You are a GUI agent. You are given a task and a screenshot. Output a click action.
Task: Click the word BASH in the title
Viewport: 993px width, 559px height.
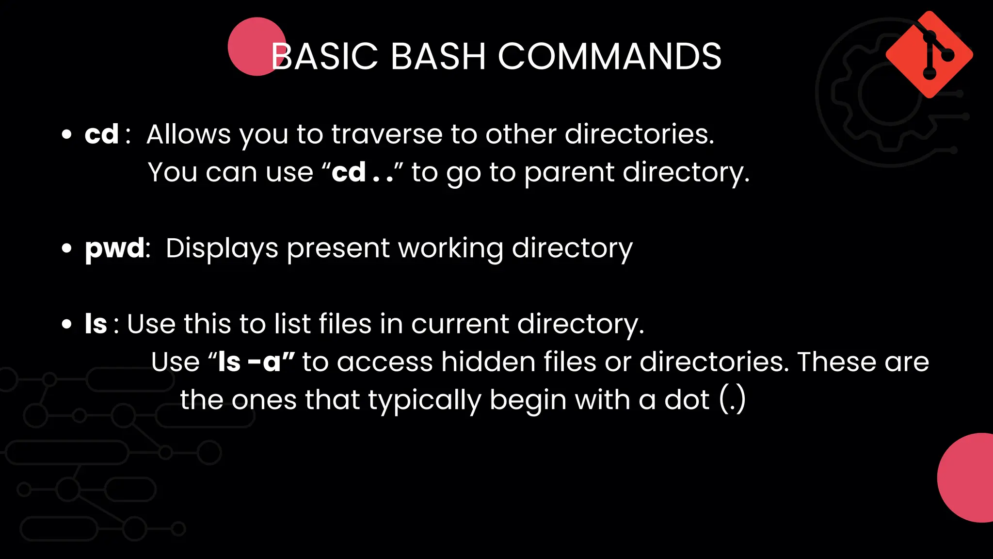coord(437,56)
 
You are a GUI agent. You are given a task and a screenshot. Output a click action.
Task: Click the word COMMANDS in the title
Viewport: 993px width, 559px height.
coord(609,56)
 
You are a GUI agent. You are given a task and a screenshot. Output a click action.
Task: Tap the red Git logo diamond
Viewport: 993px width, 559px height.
coord(929,54)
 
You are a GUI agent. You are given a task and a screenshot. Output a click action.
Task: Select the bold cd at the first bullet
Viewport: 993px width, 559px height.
coord(101,134)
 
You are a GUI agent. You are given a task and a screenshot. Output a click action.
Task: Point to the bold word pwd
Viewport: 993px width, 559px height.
coord(114,249)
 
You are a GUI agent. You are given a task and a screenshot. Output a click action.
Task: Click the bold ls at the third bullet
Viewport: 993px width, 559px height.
coord(96,324)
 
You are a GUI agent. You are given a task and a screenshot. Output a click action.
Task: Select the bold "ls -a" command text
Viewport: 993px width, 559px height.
coord(249,362)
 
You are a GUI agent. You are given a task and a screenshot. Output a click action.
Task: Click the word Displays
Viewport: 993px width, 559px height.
coord(222,249)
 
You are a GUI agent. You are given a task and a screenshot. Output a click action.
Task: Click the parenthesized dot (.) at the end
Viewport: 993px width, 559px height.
coord(732,400)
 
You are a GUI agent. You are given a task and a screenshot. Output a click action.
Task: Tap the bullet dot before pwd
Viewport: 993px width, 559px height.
coord(67,249)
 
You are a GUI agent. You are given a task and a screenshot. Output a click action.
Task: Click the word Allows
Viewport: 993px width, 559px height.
coord(189,134)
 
